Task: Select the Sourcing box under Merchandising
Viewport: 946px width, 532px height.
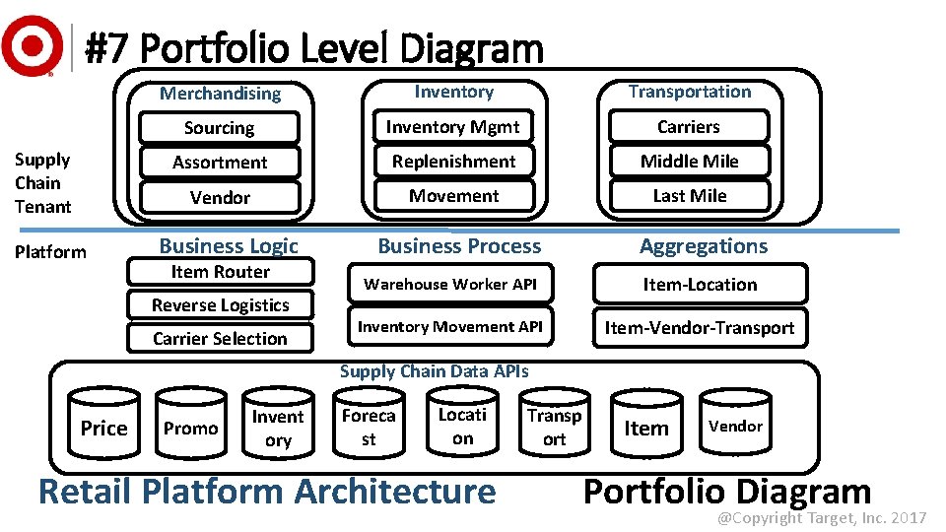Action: coord(219,128)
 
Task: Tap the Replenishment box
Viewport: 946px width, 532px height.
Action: coord(453,162)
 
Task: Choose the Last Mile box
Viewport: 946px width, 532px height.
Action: coord(689,196)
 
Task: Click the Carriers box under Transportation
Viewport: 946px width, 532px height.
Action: coord(689,127)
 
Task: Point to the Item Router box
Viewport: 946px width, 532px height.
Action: coord(220,272)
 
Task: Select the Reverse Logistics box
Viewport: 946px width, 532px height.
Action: coord(220,305)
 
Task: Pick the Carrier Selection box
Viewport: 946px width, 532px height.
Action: coord(220,339)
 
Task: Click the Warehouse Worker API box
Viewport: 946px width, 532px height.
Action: coord(450,285)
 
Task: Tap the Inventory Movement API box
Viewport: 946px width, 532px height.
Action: coord(450,327)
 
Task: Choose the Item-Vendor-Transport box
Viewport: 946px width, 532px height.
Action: coord(699,328)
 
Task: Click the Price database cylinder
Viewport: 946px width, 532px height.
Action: coord(103,428)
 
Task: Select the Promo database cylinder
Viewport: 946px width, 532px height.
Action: coord(190,428)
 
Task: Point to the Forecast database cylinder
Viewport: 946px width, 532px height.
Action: coord(368,427)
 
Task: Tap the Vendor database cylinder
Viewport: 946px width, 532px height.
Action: coord(736,426)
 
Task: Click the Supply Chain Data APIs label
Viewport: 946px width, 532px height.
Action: coord(434,371)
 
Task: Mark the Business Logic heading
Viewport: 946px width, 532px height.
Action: coord(229,246)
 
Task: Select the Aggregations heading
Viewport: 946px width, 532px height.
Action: coord(703,246)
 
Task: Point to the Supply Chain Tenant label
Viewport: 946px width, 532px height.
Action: coord(42,183)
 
